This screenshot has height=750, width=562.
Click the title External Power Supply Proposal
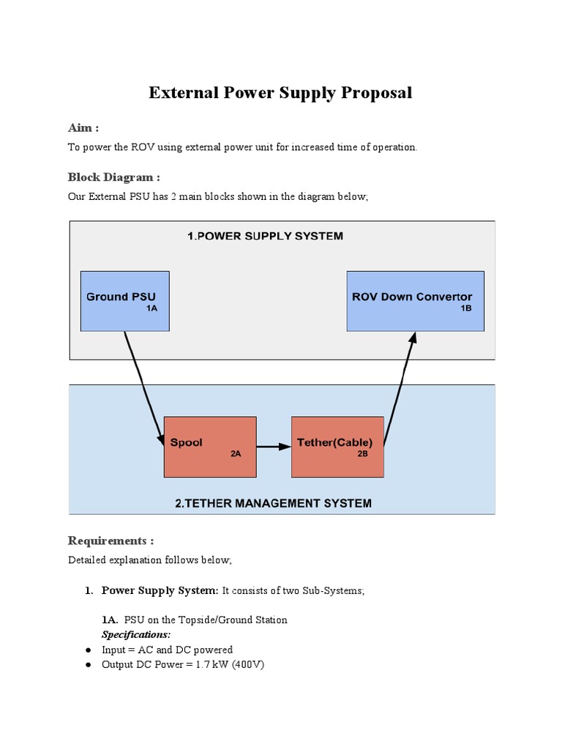(280, 93)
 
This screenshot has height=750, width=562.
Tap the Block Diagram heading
(113, 177)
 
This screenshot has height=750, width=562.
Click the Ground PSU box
(124, 301)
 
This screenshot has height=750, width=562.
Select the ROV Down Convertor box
(414, 301)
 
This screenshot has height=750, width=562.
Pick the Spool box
(209, 446)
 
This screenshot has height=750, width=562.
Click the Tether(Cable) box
(337, 446)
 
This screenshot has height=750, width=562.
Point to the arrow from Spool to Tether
(274, 446)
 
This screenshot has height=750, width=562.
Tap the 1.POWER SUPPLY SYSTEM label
(265, 236)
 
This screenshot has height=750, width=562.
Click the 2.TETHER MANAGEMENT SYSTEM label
(273, 503)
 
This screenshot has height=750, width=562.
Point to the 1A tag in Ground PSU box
(151, 309)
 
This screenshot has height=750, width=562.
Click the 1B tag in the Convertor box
(465, 309)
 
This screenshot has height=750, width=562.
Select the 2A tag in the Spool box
(236, 454)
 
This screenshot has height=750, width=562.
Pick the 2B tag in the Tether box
(362, 454)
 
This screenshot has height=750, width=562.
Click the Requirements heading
(110, 541)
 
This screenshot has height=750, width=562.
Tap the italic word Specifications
(136, 634)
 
